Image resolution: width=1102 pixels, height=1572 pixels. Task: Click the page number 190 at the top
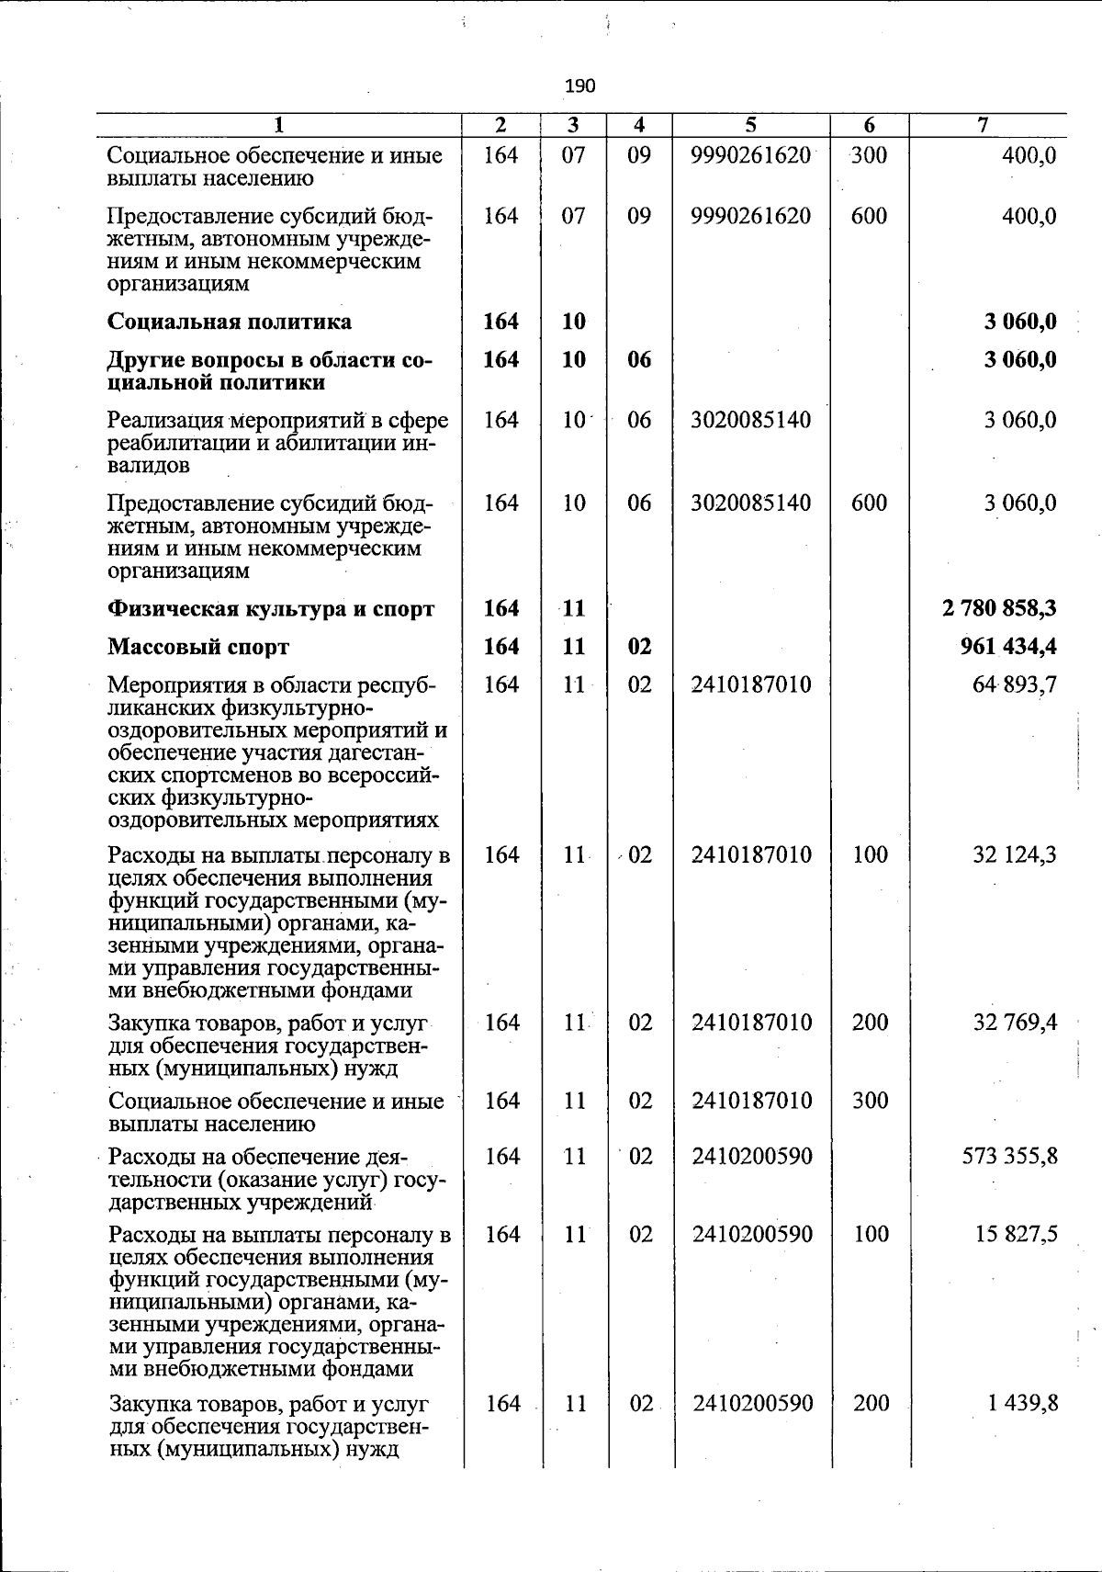580,86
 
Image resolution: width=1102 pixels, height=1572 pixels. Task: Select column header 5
750,125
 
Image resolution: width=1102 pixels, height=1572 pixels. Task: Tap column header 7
983,125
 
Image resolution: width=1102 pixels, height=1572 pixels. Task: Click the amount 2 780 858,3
999,608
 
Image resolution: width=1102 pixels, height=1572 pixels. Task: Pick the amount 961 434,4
1007,647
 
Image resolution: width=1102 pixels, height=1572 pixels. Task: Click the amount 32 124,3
1014,854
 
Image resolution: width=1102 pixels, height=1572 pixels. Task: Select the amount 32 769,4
1014,1023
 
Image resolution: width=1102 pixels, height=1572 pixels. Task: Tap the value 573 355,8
1008,1156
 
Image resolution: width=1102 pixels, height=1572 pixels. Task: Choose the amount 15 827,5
1014,1234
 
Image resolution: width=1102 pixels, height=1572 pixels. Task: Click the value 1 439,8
1019,1403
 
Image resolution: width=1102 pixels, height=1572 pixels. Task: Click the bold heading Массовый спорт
198,647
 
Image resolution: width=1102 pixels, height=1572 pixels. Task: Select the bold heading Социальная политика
230,322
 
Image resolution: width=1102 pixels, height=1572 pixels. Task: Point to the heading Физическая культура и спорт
271,608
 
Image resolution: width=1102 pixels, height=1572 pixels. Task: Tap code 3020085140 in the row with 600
750,503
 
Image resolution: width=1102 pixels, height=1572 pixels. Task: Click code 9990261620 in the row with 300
750,155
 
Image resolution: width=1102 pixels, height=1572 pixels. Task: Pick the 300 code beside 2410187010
869,1101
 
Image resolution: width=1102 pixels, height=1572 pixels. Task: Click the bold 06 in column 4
639,359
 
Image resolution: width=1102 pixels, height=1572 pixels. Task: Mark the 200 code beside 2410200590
870,1403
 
